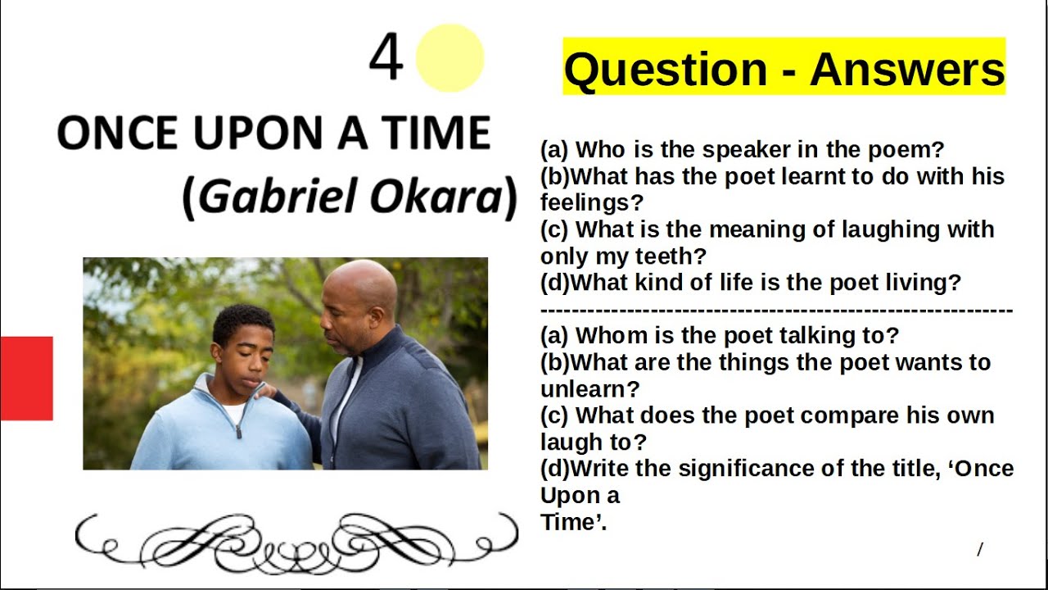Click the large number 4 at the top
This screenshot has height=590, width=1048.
(386, 59)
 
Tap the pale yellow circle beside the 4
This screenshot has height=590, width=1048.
(449, 57)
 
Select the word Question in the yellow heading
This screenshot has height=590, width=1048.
(666, 69)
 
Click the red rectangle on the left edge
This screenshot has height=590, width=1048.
(26, 378)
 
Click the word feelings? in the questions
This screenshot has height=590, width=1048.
(592, 202)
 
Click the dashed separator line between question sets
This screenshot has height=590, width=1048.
(776, 311)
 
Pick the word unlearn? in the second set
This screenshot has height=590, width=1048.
(589, 388)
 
